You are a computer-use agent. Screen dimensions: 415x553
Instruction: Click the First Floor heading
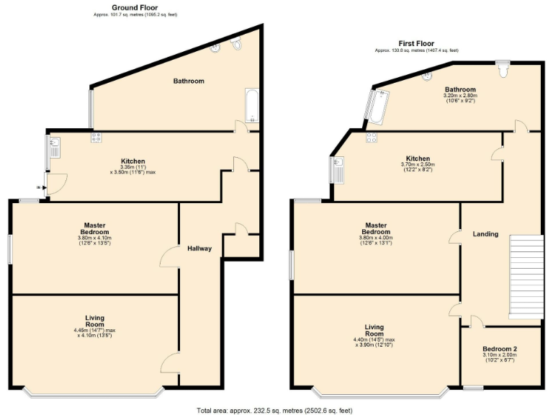416,43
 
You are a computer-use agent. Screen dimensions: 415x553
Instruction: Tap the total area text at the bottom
274,410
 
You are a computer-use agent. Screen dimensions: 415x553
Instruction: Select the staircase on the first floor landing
525,277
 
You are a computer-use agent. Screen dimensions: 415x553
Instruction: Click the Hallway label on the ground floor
199,249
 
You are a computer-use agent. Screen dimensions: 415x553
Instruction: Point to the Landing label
485,233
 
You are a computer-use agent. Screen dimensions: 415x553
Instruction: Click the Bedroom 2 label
500,349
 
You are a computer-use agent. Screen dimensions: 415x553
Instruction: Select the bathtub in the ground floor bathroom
250,106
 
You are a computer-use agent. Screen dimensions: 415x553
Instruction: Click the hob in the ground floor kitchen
96,137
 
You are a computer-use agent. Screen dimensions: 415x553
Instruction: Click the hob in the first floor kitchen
372,137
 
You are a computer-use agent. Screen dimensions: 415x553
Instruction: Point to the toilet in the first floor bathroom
503,70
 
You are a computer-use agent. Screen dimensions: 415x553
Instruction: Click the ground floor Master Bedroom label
94,228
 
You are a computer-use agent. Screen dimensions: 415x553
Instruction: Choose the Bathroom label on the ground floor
189,81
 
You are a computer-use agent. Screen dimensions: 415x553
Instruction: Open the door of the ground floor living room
170,362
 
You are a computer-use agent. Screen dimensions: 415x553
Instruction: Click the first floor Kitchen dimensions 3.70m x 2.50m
418,164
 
